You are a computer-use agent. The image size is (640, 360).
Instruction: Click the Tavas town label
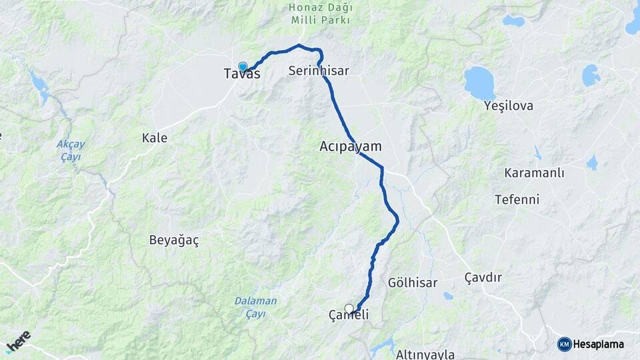click(x=242, y=75)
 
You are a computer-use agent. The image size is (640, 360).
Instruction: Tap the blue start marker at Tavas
click(x=243, y=66)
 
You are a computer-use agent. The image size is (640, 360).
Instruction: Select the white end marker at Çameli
click(x=349, y=308)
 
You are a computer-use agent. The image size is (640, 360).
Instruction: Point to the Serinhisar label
click(x=319, y=70)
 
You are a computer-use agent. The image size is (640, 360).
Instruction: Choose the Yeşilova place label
click(x=509, y=105)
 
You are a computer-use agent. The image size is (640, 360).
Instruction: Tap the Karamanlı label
click(x=535, y=173)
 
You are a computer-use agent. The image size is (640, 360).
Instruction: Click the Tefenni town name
click(x=517, y=199)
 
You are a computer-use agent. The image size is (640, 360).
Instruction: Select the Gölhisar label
click(x=413, y=283)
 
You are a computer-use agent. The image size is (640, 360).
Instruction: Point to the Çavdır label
click(x=483, y=277)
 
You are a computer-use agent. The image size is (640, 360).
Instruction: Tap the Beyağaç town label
click(x=174, y=239)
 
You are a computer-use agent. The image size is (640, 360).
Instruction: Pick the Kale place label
click(x=155, y=138)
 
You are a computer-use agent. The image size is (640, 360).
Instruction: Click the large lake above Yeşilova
click(x=479, y=83)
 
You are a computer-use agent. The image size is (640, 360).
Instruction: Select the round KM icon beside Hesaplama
click(x=564, y=344)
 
